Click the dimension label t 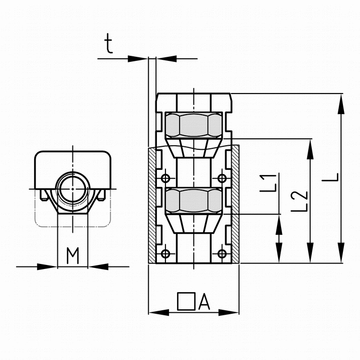click(109, 44)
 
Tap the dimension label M click(73, 255)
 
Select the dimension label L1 click(267, 183)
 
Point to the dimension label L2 click(299, 201)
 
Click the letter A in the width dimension click(204, 302)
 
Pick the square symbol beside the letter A click(186, 301)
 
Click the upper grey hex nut click(194, 125)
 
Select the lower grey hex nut click(194, 201)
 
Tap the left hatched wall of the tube click(152, 206)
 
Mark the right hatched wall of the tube click(236, 204)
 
